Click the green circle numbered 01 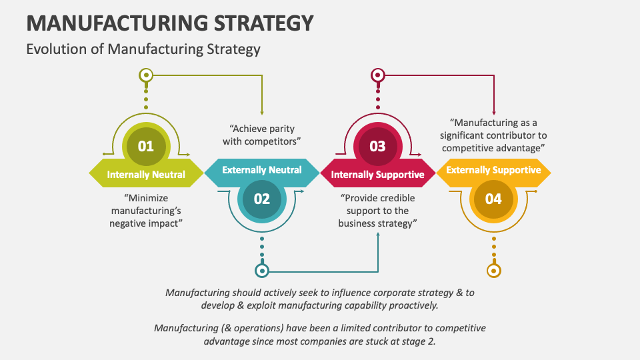coord(145,146)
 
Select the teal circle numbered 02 coord(261,198)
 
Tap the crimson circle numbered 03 coord(377,146)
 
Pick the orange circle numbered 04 coord(493,198)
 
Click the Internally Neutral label coord(146,175)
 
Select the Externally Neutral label coord(261,170)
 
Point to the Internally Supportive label coord(377,175)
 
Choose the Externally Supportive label coord(493,170)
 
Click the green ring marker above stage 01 coord(145,75)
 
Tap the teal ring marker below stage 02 coord(262,271)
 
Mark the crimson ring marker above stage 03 coord(377,75)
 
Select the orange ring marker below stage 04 coord(493,271)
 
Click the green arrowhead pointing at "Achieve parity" coord(262,113)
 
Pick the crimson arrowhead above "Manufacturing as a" coord(494,112)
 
